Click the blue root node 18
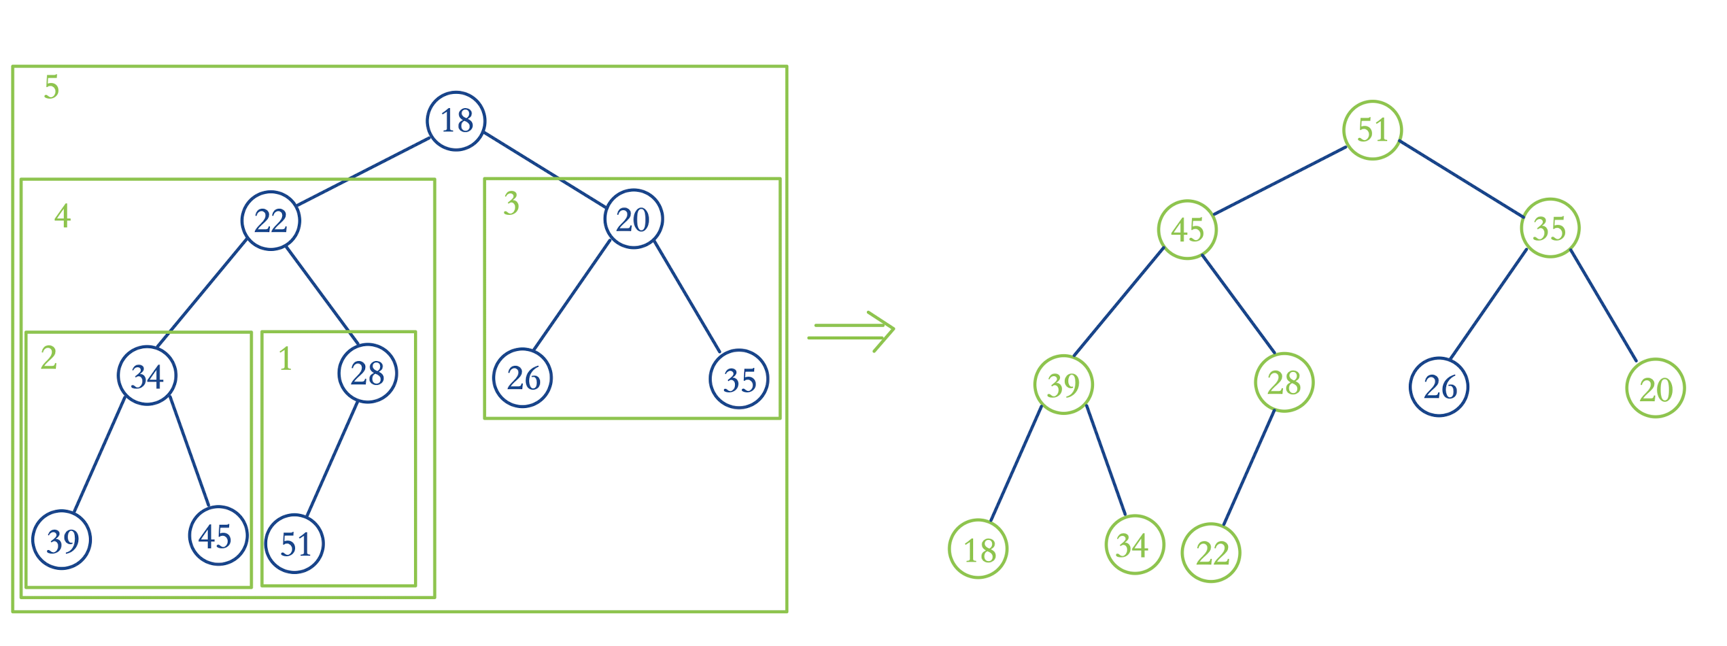click(456, 121)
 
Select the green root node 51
click(1373, 130)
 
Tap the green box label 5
click(52, 88)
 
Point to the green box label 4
click(63, 216)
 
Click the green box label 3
click(511, 203)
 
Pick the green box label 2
click(49, 358)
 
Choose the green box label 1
click(286, 359)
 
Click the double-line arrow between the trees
click(851, 332)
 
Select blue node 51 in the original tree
click(294, 544)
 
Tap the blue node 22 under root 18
click(271, 221)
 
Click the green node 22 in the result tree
click(1212, 553)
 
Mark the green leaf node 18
click(978, 549)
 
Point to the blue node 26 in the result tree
click(1439, 388)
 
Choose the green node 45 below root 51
click(1188, 230)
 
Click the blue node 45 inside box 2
click(218, 536)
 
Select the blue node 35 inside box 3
click(739, 379)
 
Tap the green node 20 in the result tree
click(1656, 389)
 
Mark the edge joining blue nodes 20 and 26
click(572, 295)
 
